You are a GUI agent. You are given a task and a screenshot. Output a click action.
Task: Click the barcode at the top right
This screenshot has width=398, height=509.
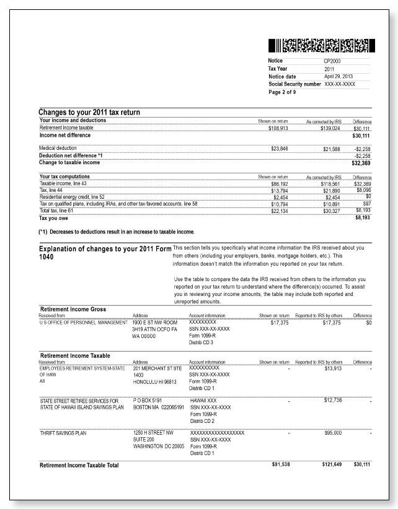click(x=322, y=45)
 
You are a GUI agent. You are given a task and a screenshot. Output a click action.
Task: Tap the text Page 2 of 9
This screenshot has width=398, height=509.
click(x=283, y=91)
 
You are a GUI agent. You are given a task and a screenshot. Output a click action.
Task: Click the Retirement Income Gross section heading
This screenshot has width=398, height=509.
click(x=73, y=308)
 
